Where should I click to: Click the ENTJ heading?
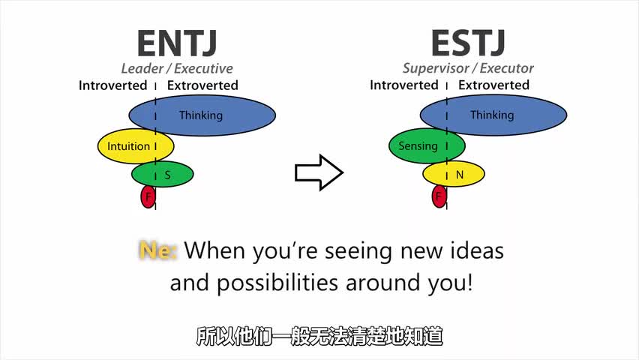pos(177,43)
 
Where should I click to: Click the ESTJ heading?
pos(468,43)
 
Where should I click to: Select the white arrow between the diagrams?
pos(319,172)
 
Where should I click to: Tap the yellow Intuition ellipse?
pos(136,146)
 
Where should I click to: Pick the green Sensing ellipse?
pos(427,145)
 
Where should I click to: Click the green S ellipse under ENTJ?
pos(162,174)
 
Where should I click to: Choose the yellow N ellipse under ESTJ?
pos(454,174)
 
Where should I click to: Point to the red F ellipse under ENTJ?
pos(148,196)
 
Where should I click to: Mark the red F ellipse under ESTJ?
pos(439,196)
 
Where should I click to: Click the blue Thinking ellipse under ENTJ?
pos(202,115)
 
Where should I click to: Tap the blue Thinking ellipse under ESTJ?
pos(493,115)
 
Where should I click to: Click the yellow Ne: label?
pos(157,250)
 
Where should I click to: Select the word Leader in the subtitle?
pos(142,68)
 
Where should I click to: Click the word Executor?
pos(506,68)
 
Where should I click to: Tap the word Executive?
pos(203,68)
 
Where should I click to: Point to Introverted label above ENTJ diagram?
pos(113,85)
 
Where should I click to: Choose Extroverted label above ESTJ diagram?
pos(493,85)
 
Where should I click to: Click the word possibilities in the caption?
pos(277,283)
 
